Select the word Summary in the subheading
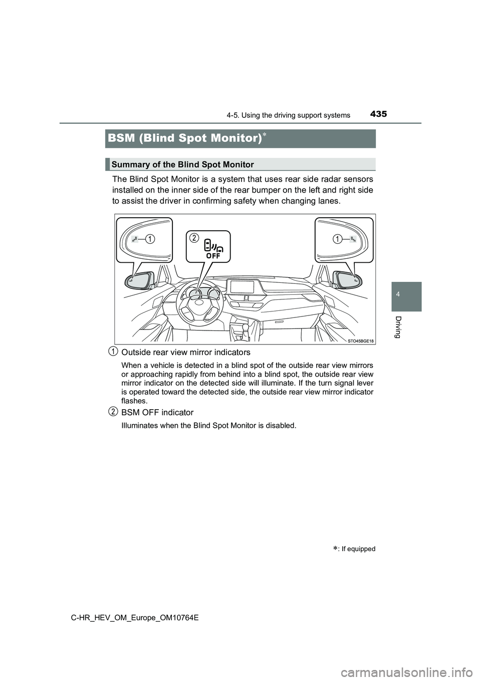pyautogui.click(x=128, y=164)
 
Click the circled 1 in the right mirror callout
pyautogui.click(x=338, y=239)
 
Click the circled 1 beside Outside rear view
pyautogui.click(x=114, y=351)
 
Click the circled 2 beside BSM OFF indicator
pyautogui.click(x=114, y=412)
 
